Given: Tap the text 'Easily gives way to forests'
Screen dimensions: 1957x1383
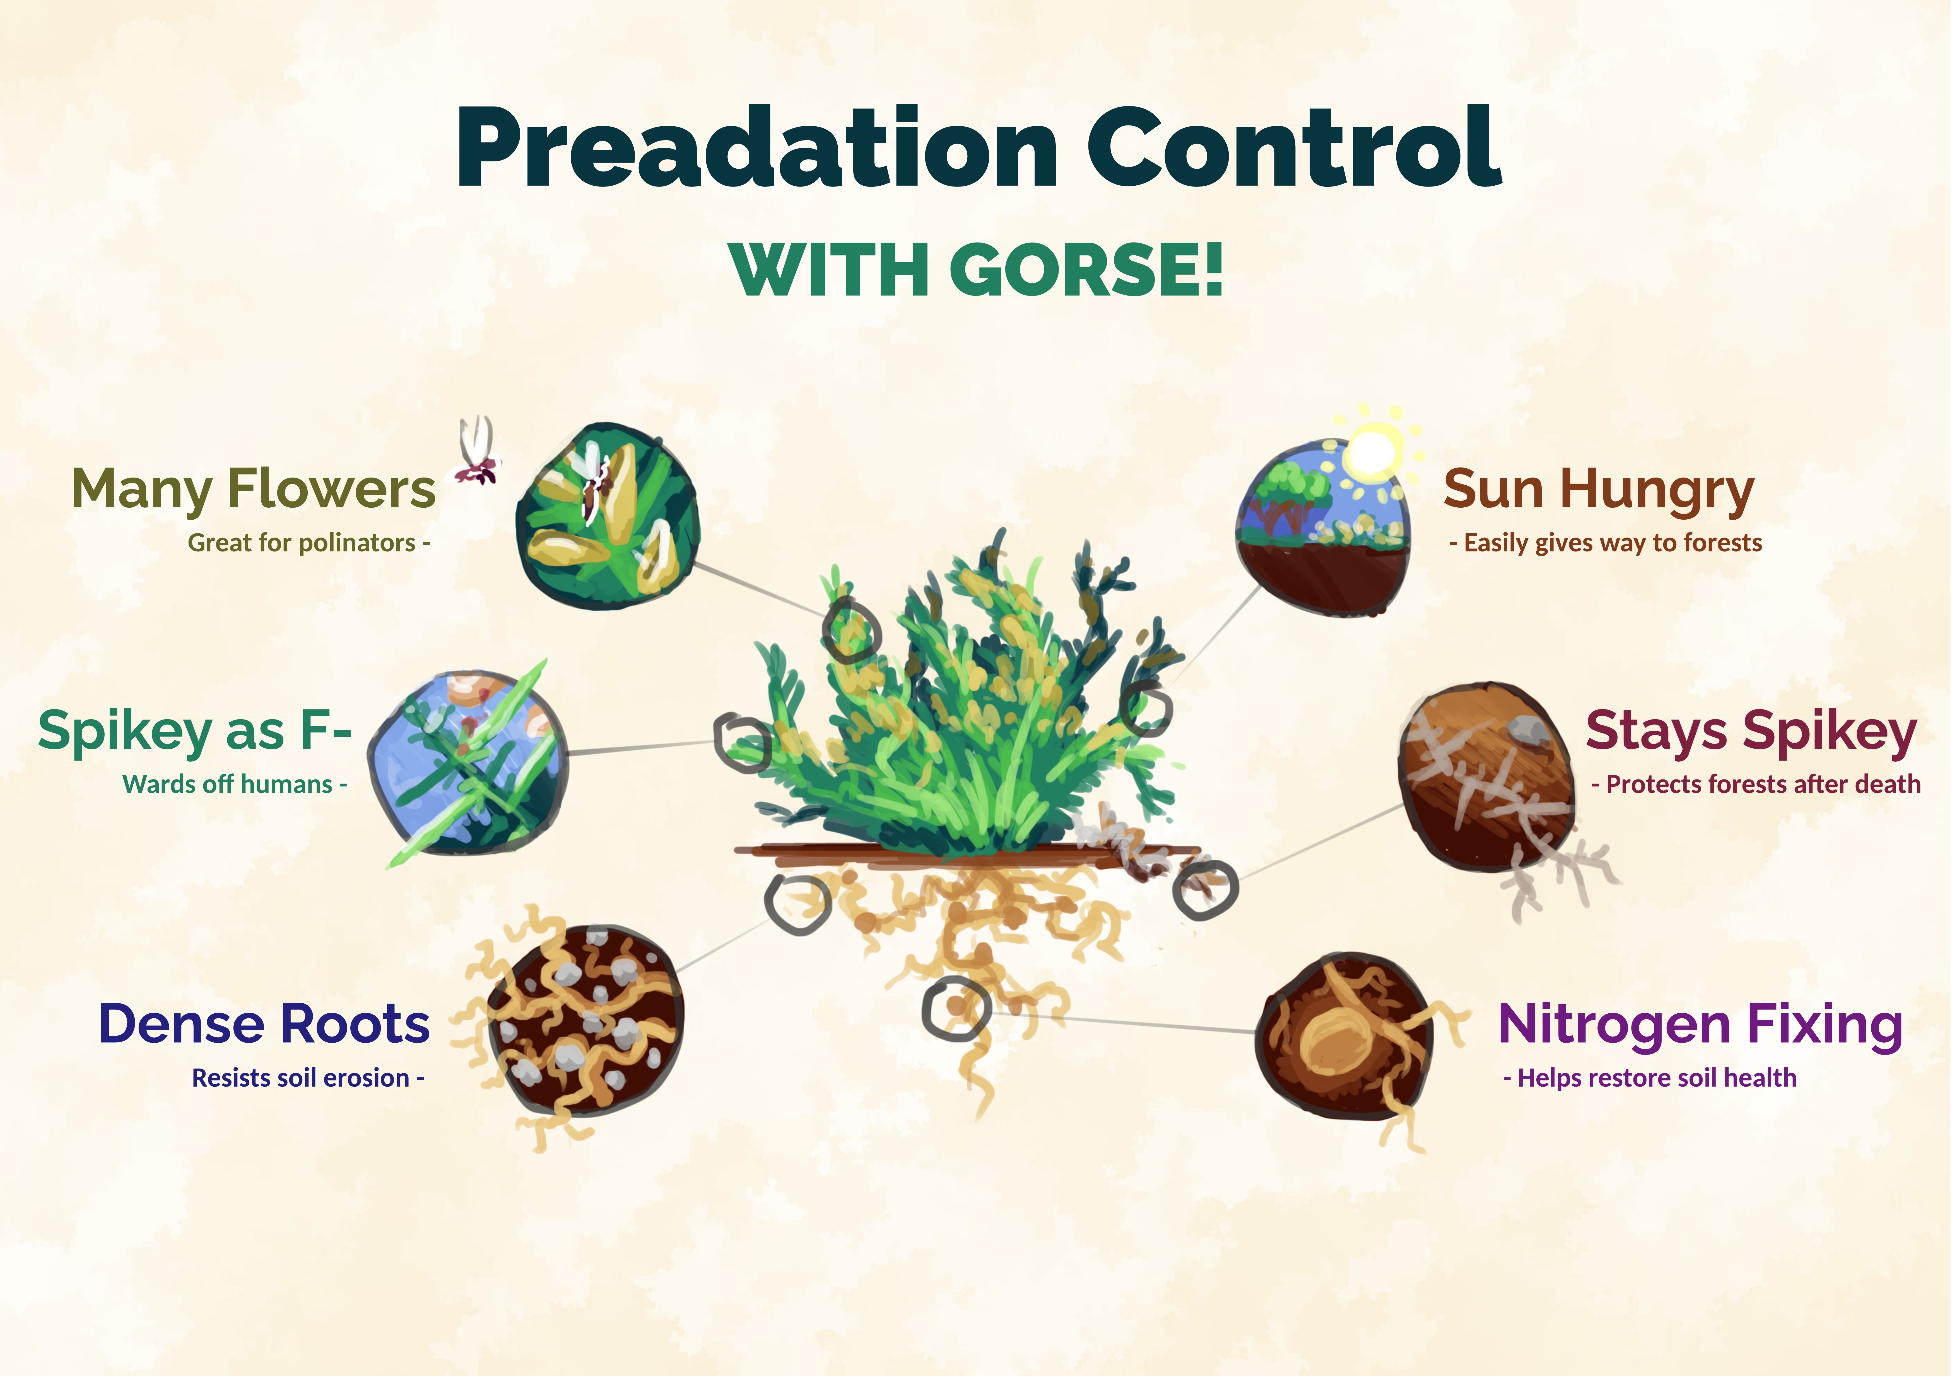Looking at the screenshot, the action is click(x=1613, y=543).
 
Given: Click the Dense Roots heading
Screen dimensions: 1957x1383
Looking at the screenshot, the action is click(x=264, y=1024).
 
